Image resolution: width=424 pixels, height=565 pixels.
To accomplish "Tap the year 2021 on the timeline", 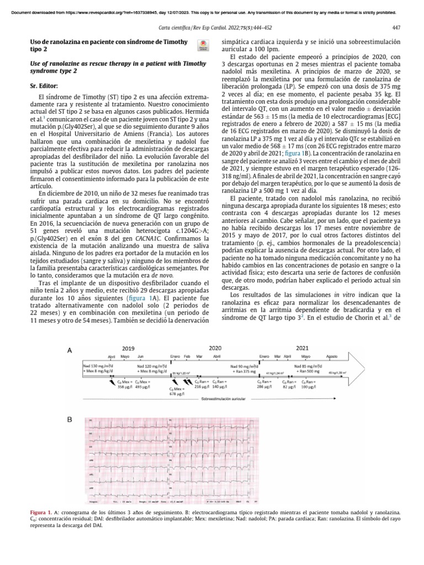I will pyautogui.click(x=303, y=349).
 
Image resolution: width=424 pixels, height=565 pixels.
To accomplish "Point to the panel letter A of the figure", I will pyautogui.click(x=70, y=350).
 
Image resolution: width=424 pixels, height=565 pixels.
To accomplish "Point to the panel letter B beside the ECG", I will pyautogui.click(x=70, y=420).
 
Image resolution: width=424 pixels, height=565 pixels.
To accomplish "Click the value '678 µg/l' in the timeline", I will pyautogui.click(x=177, y=395).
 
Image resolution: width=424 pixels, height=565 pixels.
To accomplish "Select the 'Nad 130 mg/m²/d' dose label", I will pyautogui.click(x=98, y=366).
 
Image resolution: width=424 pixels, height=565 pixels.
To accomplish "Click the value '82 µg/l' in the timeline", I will pyautogui.click(x=290, y=387).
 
